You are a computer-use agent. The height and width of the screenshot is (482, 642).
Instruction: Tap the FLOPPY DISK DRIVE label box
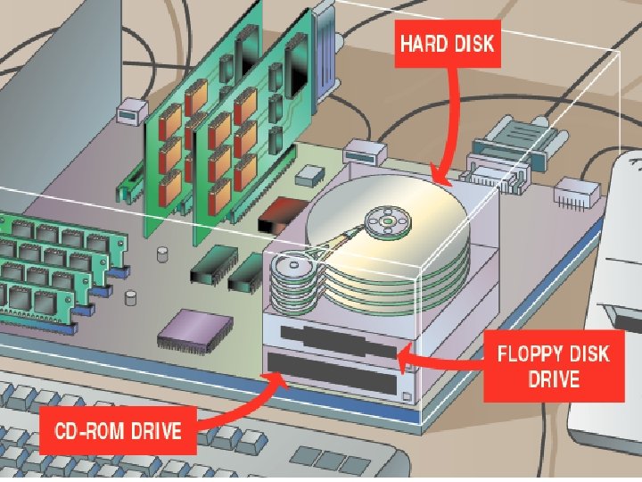click(x=553, y=366)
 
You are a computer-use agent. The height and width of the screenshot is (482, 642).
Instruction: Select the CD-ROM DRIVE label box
click(x=118, y=433)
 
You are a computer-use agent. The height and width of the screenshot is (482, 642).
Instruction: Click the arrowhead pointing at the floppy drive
click(x=403, y=360)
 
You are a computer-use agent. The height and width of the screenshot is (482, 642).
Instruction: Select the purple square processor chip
click(x=188, y=329)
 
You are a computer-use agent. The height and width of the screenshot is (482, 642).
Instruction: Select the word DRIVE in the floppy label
click(x=553, y=379)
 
